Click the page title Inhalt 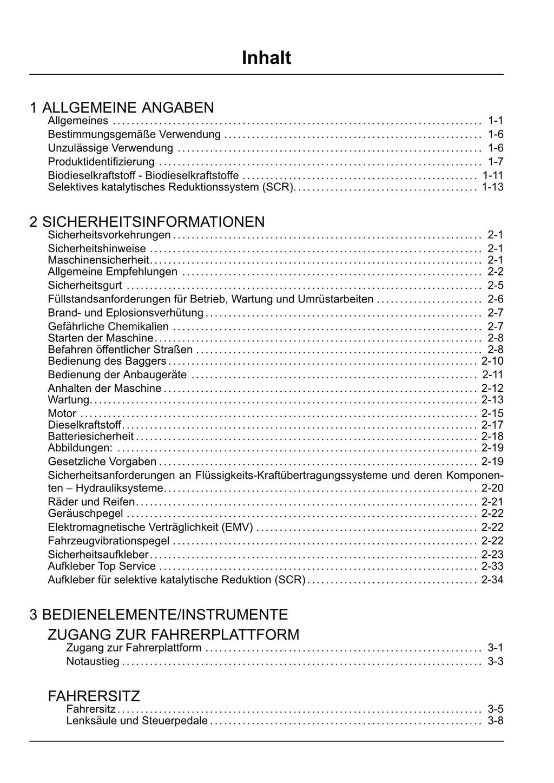[x=266, y=58]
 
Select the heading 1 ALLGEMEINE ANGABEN [x=122, y=108]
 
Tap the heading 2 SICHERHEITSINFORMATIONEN [x=147, y=222]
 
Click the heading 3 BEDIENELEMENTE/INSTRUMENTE [x=159, y=615]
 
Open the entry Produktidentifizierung [x=101, y=162]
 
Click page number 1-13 [x=492, y=187]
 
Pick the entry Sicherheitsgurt [x=85, y=286]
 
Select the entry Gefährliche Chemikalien [x=108, y=326]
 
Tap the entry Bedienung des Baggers [x=107, y=361]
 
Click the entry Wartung [x=69, y=400]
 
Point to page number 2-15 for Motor [x=492, y=413]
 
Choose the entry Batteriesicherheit [x=91, y=436]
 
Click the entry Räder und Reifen [x=91, y=502]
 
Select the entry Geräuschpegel [x=85, y=514]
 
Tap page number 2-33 [x=492, y=567]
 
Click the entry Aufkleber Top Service [x=102, y=567]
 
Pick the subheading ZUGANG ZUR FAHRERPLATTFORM [x=174, y=634]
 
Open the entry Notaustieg [x=93, y=662]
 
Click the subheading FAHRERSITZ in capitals [x=94, y=696]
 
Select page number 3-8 [x=496, y=721]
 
